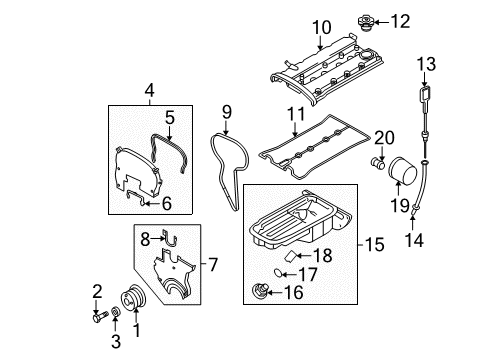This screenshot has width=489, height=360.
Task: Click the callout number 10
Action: [319, 26]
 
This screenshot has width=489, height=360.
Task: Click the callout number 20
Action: [383, 137]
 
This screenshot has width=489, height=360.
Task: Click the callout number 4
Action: [149, 91]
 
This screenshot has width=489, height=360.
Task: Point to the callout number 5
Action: [170, 117]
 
